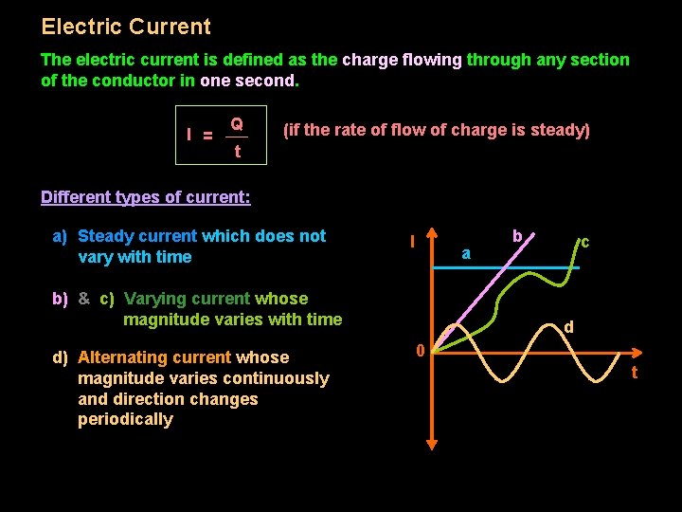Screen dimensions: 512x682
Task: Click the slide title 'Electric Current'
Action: coord(126,27)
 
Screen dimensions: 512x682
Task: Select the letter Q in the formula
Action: coord(236,123)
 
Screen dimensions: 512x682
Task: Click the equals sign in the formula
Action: coord(208,136)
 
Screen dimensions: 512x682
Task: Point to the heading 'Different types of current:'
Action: coord(146,197)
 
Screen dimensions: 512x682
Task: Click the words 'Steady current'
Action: coord(137,236)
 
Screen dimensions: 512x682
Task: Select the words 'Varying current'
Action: coord(187,299)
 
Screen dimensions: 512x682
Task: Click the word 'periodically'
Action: coord(125,420)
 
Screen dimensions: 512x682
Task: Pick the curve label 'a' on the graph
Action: coord(465,254)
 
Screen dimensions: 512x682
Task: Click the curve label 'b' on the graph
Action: coord(517,234)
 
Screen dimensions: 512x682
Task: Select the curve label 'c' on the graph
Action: coord(585,243)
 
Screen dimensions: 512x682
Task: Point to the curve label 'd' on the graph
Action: coord(568,327)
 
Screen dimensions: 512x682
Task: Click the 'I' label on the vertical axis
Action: coord(412,243)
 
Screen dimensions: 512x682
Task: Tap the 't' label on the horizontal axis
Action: coord(634,373)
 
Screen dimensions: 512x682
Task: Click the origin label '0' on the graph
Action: coord(420,352)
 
